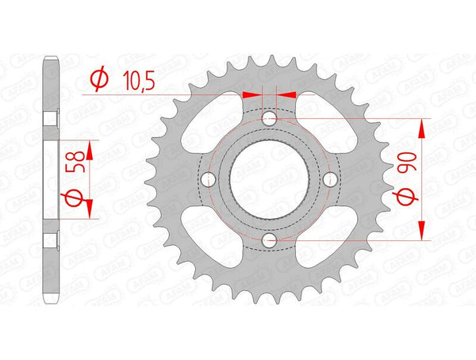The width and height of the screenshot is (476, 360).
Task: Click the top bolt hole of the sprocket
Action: coord(270,118)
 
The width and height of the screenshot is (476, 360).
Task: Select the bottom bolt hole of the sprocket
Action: coord(270,239)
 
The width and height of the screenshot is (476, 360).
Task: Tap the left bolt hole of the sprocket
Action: coord(209,178)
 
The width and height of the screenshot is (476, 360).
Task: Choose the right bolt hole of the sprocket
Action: coord(330,178)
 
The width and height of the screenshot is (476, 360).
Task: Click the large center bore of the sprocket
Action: coord(270,178)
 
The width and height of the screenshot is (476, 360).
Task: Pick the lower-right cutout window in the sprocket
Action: coord(327,236)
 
